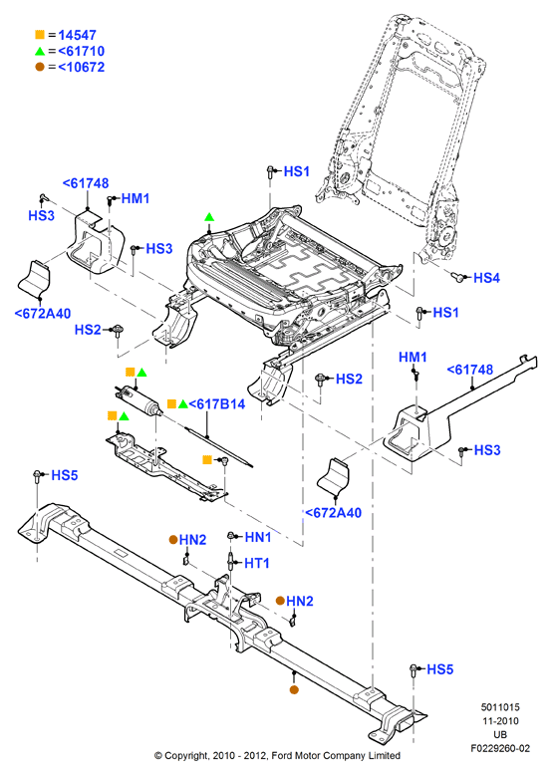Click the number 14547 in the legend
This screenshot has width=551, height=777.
(x=78, y=35)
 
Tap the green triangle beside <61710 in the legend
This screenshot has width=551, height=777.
(x=40, y=51)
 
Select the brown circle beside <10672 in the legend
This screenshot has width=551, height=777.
(x=40, y=67)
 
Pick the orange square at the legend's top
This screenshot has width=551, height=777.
(x=40, y=35)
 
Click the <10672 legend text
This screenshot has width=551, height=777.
(x=82, y=67)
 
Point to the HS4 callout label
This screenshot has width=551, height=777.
(x=486, y=278)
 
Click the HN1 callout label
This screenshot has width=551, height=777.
(x=258, y=537)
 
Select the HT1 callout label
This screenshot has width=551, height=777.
(x=257, y=563)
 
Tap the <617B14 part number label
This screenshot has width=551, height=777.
(x=217, y=404)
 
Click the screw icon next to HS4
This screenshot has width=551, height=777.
(x=458, y=277)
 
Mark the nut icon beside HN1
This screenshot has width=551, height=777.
(x=231, y=536)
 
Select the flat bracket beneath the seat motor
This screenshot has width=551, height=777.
(x=166, y=467)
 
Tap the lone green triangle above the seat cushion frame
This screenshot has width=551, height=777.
(x=209, y=216)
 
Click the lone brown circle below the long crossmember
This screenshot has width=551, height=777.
(x=294, y=689)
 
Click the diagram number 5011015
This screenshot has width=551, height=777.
(x=500, y=707)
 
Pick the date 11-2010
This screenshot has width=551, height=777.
(x=500, y=721)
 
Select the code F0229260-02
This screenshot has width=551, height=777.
(x=500, y=748)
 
